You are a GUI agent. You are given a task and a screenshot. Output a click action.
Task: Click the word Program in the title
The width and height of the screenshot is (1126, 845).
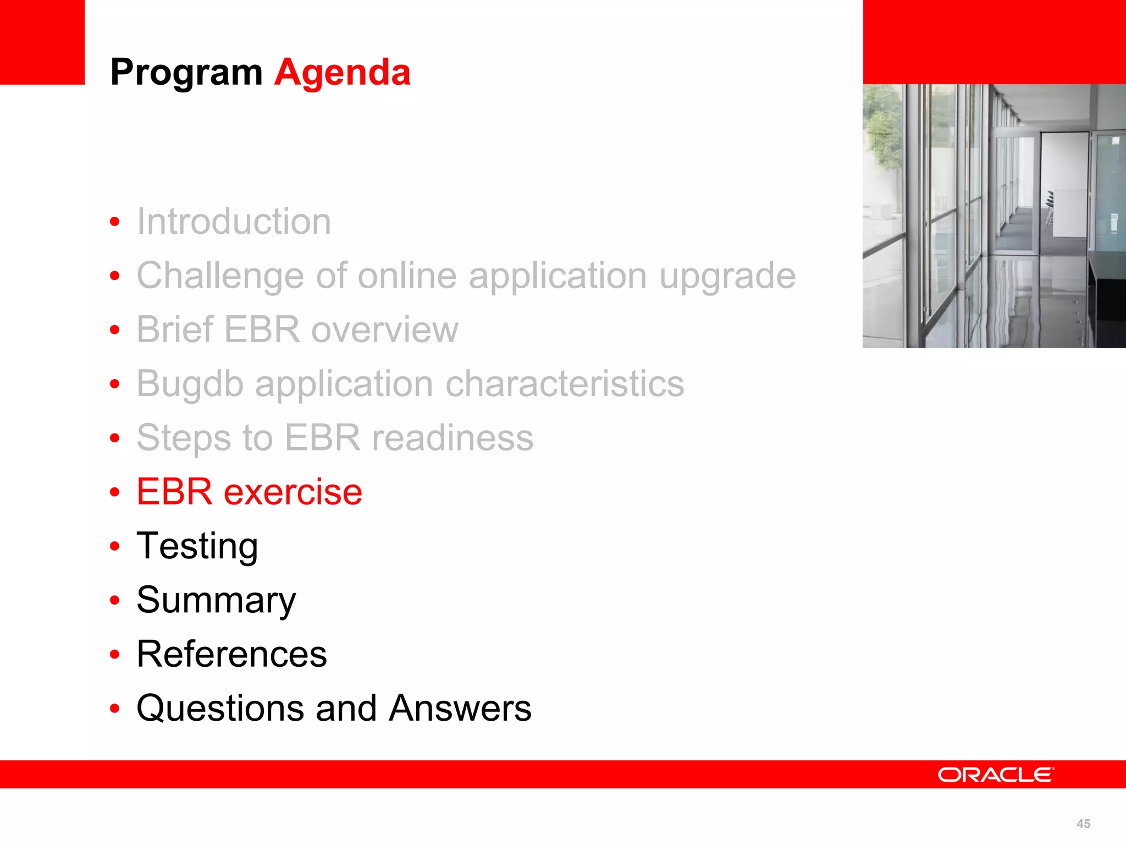[x=186, y=73]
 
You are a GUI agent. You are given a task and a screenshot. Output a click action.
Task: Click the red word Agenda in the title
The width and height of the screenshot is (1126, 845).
[x=342, y=73]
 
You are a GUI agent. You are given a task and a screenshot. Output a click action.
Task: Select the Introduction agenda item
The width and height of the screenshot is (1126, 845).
[x=234, y=221]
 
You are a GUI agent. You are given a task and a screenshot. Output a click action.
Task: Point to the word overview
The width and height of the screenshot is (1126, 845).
[x=384, y=330]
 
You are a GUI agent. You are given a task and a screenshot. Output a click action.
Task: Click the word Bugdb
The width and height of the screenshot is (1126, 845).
[x=190, y=384]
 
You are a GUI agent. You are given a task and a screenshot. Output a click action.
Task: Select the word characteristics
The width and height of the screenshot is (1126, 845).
[x=565, y=383]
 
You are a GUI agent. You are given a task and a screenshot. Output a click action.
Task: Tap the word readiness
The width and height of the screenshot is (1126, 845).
[x=452, y=438]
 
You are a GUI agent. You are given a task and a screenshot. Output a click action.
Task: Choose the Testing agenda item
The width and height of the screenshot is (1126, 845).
[x=197, y=546]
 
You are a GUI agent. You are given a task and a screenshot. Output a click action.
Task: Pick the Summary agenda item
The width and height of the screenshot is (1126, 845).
[x=216, y=600]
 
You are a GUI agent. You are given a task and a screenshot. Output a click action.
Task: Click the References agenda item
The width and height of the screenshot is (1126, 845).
[x=231, y=654]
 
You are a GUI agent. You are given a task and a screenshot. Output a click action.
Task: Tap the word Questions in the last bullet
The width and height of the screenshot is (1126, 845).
[x=219, y=708]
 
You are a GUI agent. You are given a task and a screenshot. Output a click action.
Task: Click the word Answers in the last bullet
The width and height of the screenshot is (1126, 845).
[x=460, y=708]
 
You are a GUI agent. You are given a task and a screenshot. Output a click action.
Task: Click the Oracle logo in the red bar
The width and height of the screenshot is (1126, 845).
[x=996, y=775]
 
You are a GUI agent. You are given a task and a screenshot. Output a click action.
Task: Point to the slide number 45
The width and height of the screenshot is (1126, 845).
[x=1083, y=824]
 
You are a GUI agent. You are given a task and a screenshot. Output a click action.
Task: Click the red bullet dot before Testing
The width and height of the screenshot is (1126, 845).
[x=114, y=546]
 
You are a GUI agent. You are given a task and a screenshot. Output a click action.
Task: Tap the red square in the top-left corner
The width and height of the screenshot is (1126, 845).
[x=42, y=42]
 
